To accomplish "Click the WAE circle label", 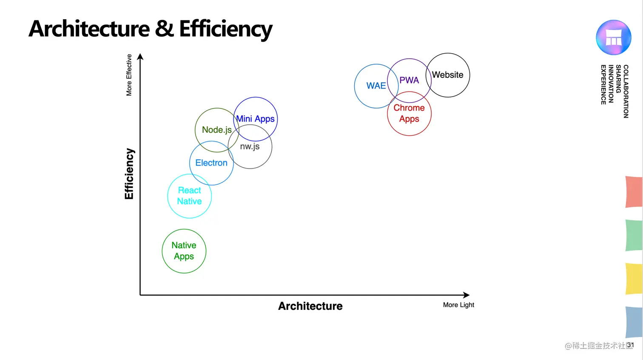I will click(376, 86).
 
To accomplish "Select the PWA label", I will click(409, 80).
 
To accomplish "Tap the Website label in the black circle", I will click(447, 75).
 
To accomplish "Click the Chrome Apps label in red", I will click(409, 114).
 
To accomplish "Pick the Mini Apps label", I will click(255, 119).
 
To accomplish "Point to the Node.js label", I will click(216, 130).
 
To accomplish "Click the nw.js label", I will click(250, 146).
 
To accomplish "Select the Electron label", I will click(211, 163).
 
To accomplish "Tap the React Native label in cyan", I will click(189, 196).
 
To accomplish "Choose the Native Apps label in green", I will click(184, 251).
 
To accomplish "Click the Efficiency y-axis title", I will click(129, 174).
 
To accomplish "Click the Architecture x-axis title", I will click(310, 306).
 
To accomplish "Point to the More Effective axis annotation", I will click(129, 75).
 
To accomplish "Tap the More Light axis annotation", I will click(458, 305).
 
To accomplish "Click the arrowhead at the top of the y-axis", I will click(140, 57).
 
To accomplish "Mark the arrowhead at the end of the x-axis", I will click(467, 295).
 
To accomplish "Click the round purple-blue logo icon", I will click(613, 37).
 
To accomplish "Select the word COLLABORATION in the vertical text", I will click(626, 91).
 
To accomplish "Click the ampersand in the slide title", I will click(164, 29).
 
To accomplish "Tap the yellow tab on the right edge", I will click(634, 279).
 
